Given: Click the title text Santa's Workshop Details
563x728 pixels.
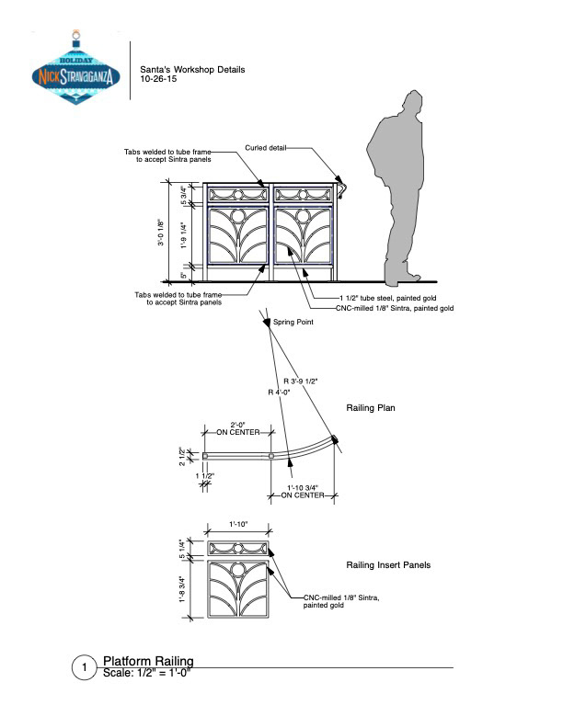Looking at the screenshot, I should click(x=192, y=70).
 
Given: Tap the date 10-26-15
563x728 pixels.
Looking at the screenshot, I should click(x=158, y=80).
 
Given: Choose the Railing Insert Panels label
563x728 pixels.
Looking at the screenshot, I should click(x=387, y=564).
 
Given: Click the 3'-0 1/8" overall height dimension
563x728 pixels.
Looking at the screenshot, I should click(x=160, y=232).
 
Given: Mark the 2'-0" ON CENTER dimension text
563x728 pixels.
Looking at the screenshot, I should click(x=238, y=427).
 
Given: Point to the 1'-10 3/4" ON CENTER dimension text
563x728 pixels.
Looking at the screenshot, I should click(x=303, y=493).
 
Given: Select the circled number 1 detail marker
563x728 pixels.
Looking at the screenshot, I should click(x=84, y=668).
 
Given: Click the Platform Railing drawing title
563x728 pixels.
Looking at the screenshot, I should click(x=147, y=661).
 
